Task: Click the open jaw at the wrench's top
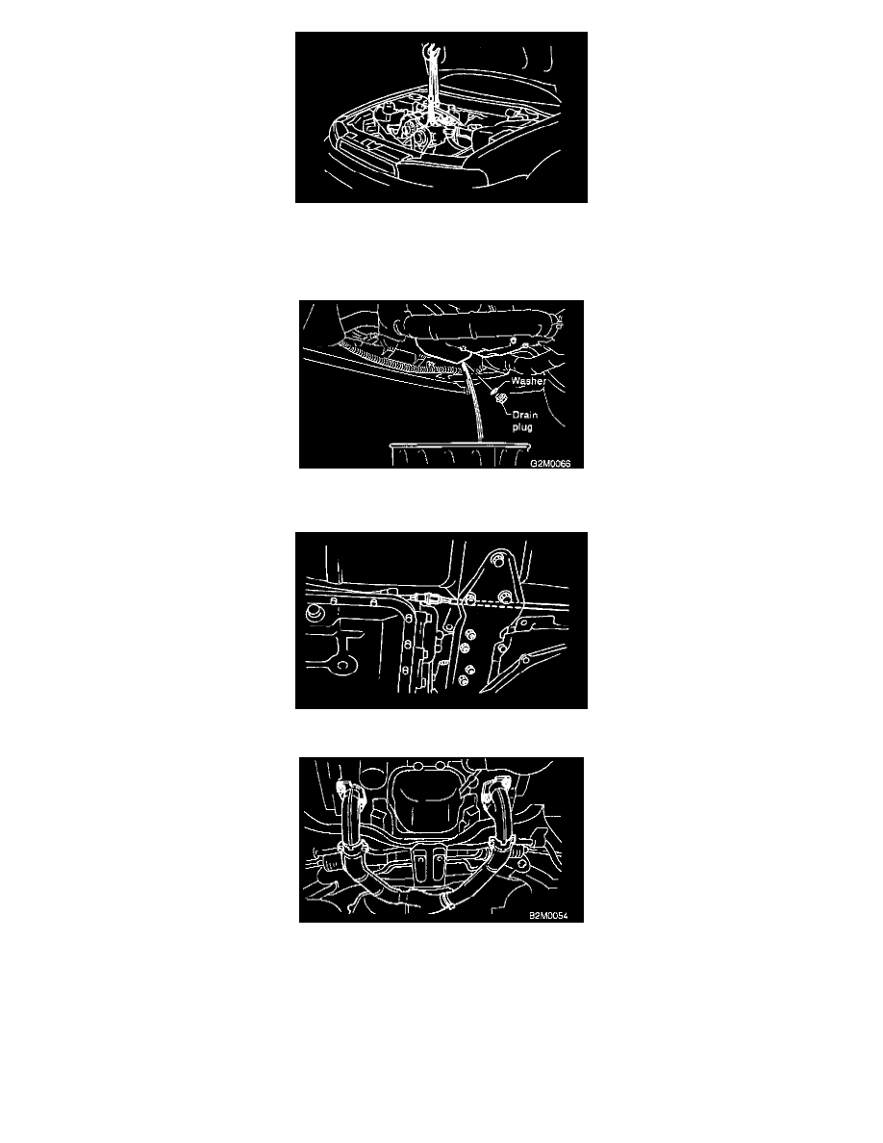coord(429,50)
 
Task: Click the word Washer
coord(528,381)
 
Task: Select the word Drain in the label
coord(524,416)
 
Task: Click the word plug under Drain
coord(522,427)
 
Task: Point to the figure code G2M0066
coord(550,464)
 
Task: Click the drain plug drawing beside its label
coord(500,398)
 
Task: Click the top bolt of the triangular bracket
coord(497,560)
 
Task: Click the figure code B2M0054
coord(548,916)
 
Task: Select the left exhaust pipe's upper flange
coord(347,791)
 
